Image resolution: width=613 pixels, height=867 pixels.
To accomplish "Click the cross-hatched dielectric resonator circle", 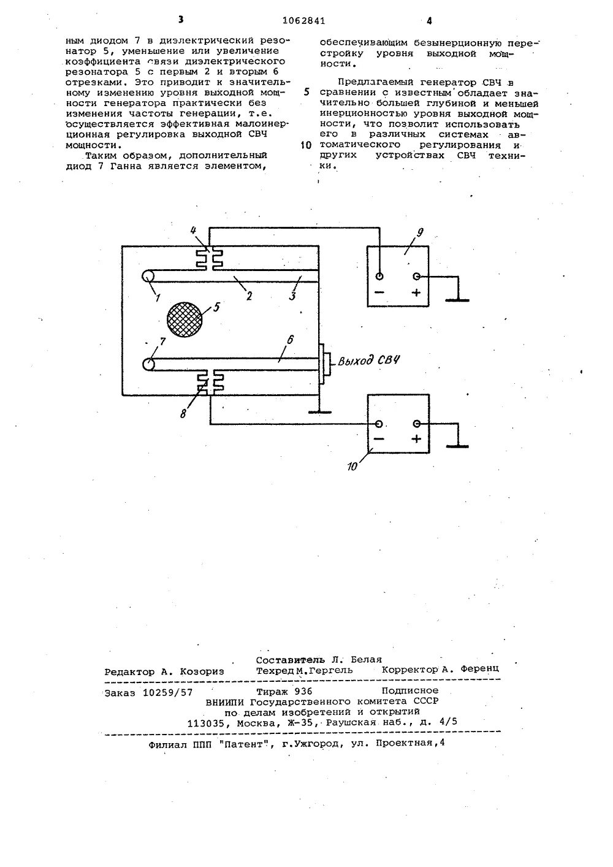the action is (185, 319).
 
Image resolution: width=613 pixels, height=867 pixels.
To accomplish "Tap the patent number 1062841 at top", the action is (305, 20).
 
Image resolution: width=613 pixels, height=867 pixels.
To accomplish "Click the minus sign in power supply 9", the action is (379, 292).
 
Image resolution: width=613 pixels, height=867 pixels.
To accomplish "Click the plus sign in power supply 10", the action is (417, 439).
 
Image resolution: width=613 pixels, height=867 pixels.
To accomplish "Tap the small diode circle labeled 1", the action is (149, 277).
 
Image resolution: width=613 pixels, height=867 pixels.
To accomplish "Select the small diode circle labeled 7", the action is (148, 364).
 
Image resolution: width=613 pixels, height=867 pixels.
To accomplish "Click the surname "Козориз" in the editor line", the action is (201, 671).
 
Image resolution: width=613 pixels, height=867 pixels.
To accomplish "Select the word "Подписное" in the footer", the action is (409, 690).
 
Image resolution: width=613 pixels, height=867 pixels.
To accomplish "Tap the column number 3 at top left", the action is (181, 20).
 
